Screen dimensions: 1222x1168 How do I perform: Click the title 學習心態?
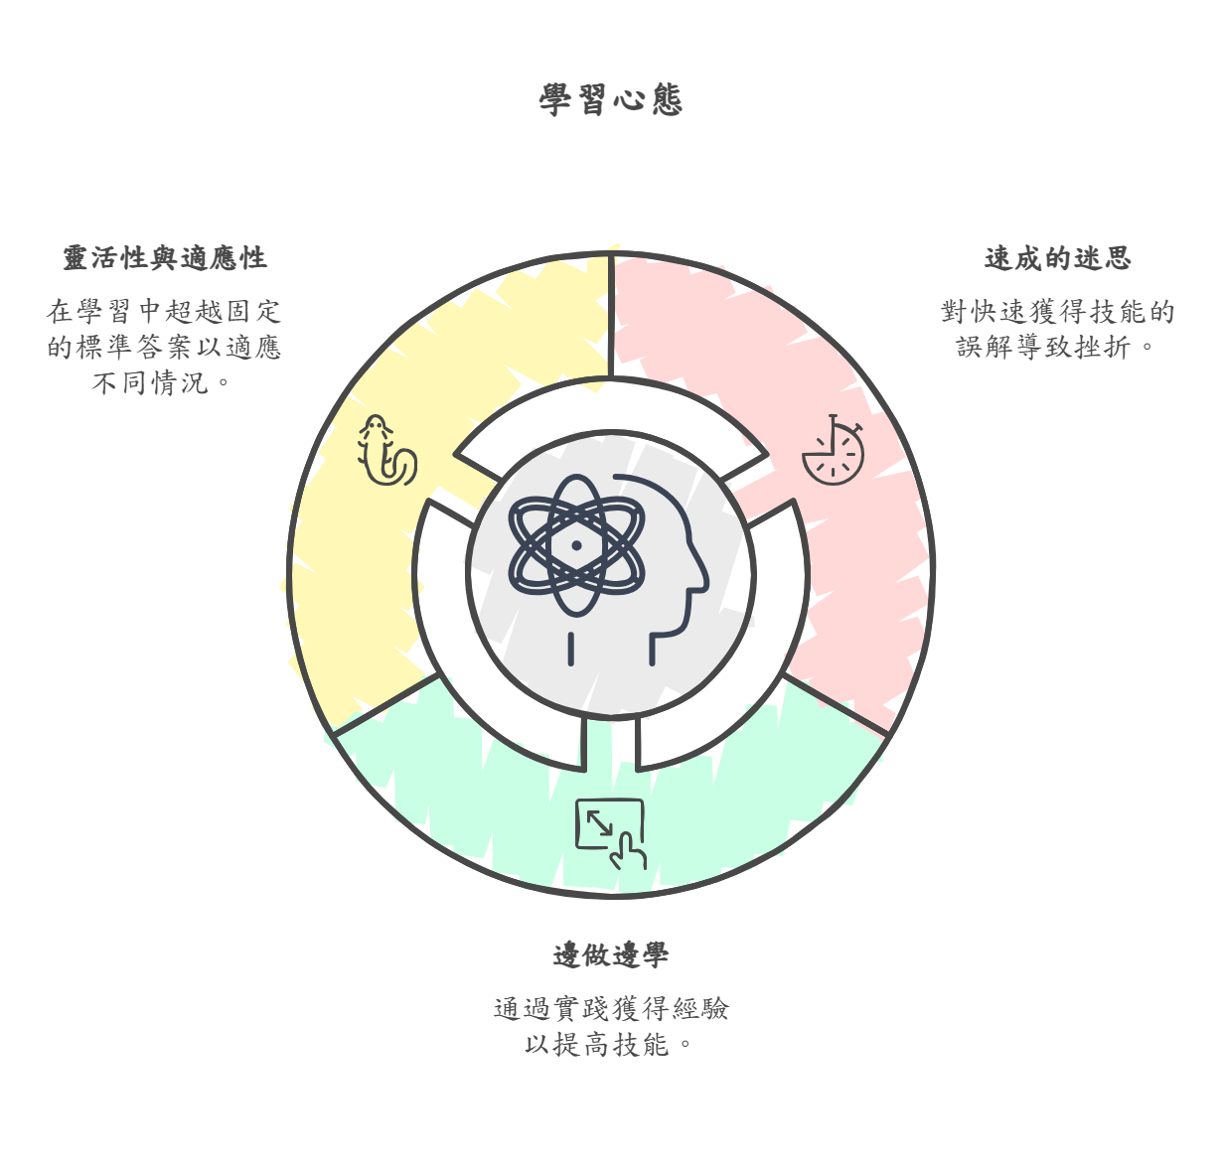point(611,99)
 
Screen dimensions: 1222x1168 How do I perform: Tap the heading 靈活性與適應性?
point(165,258)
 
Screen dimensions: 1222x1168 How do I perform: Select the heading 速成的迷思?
point(1057,258)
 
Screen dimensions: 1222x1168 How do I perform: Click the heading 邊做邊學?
point(611,955)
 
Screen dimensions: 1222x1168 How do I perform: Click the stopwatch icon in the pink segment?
point(833,452)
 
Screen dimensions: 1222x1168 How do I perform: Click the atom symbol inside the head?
point(576,545)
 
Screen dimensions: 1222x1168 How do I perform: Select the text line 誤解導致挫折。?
point(1057,348)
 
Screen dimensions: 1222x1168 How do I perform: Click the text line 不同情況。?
point(163,383)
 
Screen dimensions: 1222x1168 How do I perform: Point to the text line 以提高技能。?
point(610,1045)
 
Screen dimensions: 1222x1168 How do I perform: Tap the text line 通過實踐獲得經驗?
point(611,1009)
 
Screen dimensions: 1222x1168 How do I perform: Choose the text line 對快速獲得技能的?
point(1057,312)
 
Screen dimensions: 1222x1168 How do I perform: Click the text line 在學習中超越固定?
point(164,312)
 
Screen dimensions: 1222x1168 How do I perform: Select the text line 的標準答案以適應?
point(164,348)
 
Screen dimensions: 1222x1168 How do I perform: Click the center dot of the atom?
point(576,545)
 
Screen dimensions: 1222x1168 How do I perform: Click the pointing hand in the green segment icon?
point(629,852)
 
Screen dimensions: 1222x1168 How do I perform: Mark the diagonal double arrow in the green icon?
point(599,822)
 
